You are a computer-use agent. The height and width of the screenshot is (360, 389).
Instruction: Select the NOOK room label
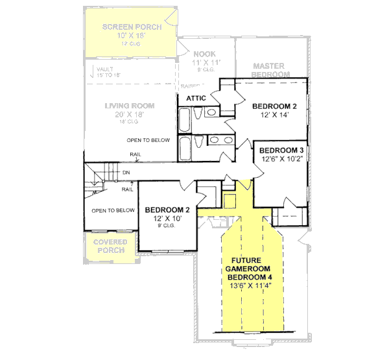pos(207,54)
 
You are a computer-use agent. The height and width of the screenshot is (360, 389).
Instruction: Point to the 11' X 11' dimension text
pos(207,62)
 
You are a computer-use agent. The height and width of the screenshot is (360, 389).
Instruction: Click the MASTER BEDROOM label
pos(270,70)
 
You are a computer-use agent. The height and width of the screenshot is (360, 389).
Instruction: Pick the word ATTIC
pos(196,98)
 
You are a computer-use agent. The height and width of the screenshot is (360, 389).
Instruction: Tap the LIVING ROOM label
pos(130,106)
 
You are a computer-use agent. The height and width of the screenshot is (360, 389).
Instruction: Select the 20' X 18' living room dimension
pos(129,114)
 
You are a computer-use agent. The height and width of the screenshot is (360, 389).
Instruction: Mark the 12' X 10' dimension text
pos(167,219)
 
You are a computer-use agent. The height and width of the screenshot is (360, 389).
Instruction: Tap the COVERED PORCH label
pos(111,246)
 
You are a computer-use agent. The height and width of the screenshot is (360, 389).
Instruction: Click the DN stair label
pos(125,173)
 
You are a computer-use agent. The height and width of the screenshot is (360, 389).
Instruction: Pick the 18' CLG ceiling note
pos(129,121)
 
